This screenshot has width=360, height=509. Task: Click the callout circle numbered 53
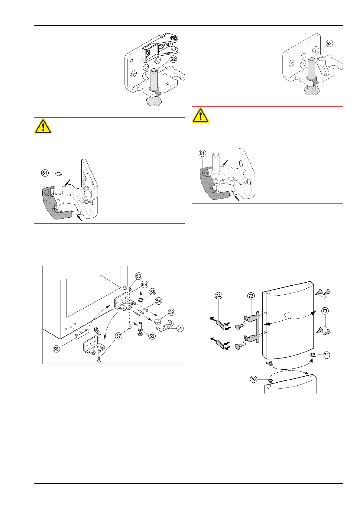144,284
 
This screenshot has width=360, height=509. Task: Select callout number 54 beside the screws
158,301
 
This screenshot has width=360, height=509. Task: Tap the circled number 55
56,349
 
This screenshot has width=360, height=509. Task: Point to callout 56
138,276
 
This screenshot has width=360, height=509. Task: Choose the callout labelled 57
119,336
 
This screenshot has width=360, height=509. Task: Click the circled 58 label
153,292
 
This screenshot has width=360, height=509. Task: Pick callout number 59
171,312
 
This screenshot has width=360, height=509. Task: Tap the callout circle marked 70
253,379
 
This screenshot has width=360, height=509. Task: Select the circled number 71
326,355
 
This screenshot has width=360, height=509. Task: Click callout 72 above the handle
251,296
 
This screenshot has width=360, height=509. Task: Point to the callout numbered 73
325,311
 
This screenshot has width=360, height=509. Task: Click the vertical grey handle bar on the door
257,326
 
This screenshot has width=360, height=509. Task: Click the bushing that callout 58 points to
141,300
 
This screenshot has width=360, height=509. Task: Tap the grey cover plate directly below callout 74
220,325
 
